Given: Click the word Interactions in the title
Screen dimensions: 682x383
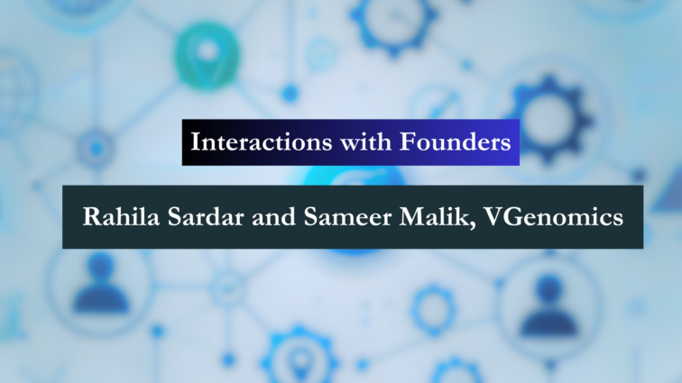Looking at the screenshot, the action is [262, 142].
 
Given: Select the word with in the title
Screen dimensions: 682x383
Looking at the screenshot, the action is [365, 142].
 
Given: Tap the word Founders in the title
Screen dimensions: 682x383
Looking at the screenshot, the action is [455, 142].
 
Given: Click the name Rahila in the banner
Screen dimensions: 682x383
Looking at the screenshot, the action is [122, 216].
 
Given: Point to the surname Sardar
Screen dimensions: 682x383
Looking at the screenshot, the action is [206, 216].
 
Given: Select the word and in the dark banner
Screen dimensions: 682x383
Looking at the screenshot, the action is [274, 216].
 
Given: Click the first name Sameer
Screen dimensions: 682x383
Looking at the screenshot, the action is [347, 216].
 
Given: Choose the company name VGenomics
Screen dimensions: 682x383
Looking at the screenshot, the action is [554, 216].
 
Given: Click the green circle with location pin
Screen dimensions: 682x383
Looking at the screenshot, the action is [207, 56].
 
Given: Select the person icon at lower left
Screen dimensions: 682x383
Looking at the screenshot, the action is [101, 284].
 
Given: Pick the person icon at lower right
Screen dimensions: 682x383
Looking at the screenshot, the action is [548, 305].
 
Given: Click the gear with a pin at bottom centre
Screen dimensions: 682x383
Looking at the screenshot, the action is [300, 355].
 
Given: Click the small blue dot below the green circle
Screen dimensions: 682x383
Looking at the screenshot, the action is [290, 93].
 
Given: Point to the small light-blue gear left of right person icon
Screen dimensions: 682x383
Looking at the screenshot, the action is [433, 310].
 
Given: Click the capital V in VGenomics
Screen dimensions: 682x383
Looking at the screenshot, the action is [493, 216].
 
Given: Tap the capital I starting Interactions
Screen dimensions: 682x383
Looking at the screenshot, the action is [196, 141].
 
